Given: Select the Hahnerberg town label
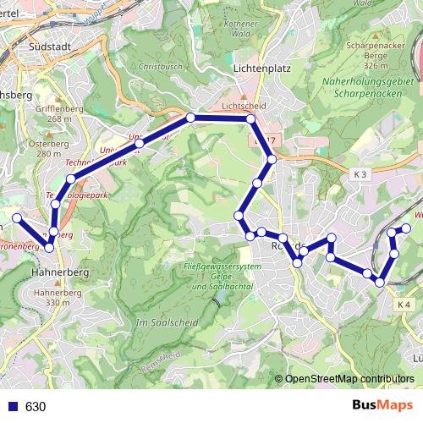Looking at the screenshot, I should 55,273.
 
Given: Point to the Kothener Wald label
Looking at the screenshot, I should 242,29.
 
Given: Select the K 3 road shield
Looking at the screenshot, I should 362,173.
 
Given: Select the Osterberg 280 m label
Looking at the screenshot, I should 48,149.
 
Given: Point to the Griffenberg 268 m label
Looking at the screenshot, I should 53,113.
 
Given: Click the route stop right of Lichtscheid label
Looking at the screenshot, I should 251,120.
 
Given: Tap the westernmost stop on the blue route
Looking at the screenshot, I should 17,218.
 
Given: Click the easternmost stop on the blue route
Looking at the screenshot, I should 406,228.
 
